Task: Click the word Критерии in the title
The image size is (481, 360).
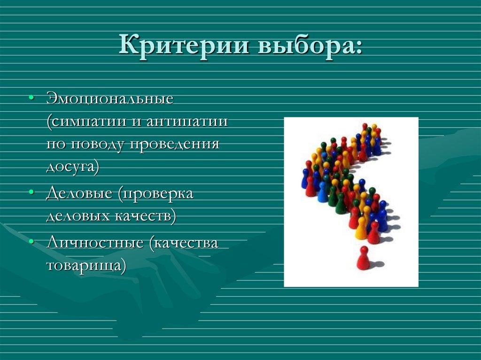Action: point(184,46)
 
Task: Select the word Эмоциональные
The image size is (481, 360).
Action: point(110,100)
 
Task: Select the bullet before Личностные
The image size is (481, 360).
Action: point(31,243)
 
